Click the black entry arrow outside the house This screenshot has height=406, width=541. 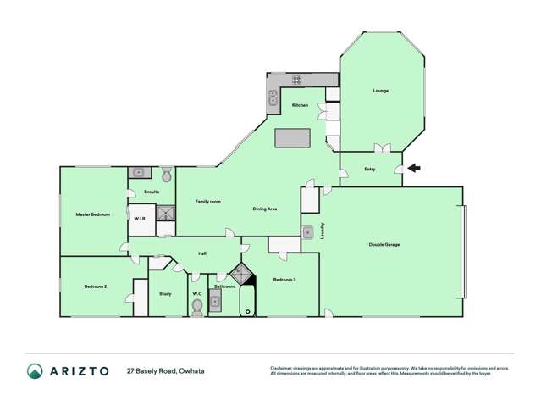pos(413,168)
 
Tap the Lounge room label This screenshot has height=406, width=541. pos(380,91)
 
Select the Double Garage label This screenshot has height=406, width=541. pos(384,245)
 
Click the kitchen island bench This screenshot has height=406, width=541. pos(291,137)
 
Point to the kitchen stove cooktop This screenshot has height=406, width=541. pos(297,81)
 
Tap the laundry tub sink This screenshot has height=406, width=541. pos(309,231)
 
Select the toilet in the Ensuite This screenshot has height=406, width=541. pos(166,175)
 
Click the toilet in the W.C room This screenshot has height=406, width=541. pos(197,305)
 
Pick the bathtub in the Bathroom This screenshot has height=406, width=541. pos(246,302)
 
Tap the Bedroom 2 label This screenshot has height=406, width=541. pos(95,286)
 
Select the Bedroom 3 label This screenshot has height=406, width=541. pos(284,279)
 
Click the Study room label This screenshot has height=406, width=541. pos(165,293)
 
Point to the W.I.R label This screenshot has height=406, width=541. pos(140,219)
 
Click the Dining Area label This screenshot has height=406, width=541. pos(265,209)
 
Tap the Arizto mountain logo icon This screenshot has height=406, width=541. pos(34,371)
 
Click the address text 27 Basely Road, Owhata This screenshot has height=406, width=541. pos(165,371)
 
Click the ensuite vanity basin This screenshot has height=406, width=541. pos(139,173)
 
